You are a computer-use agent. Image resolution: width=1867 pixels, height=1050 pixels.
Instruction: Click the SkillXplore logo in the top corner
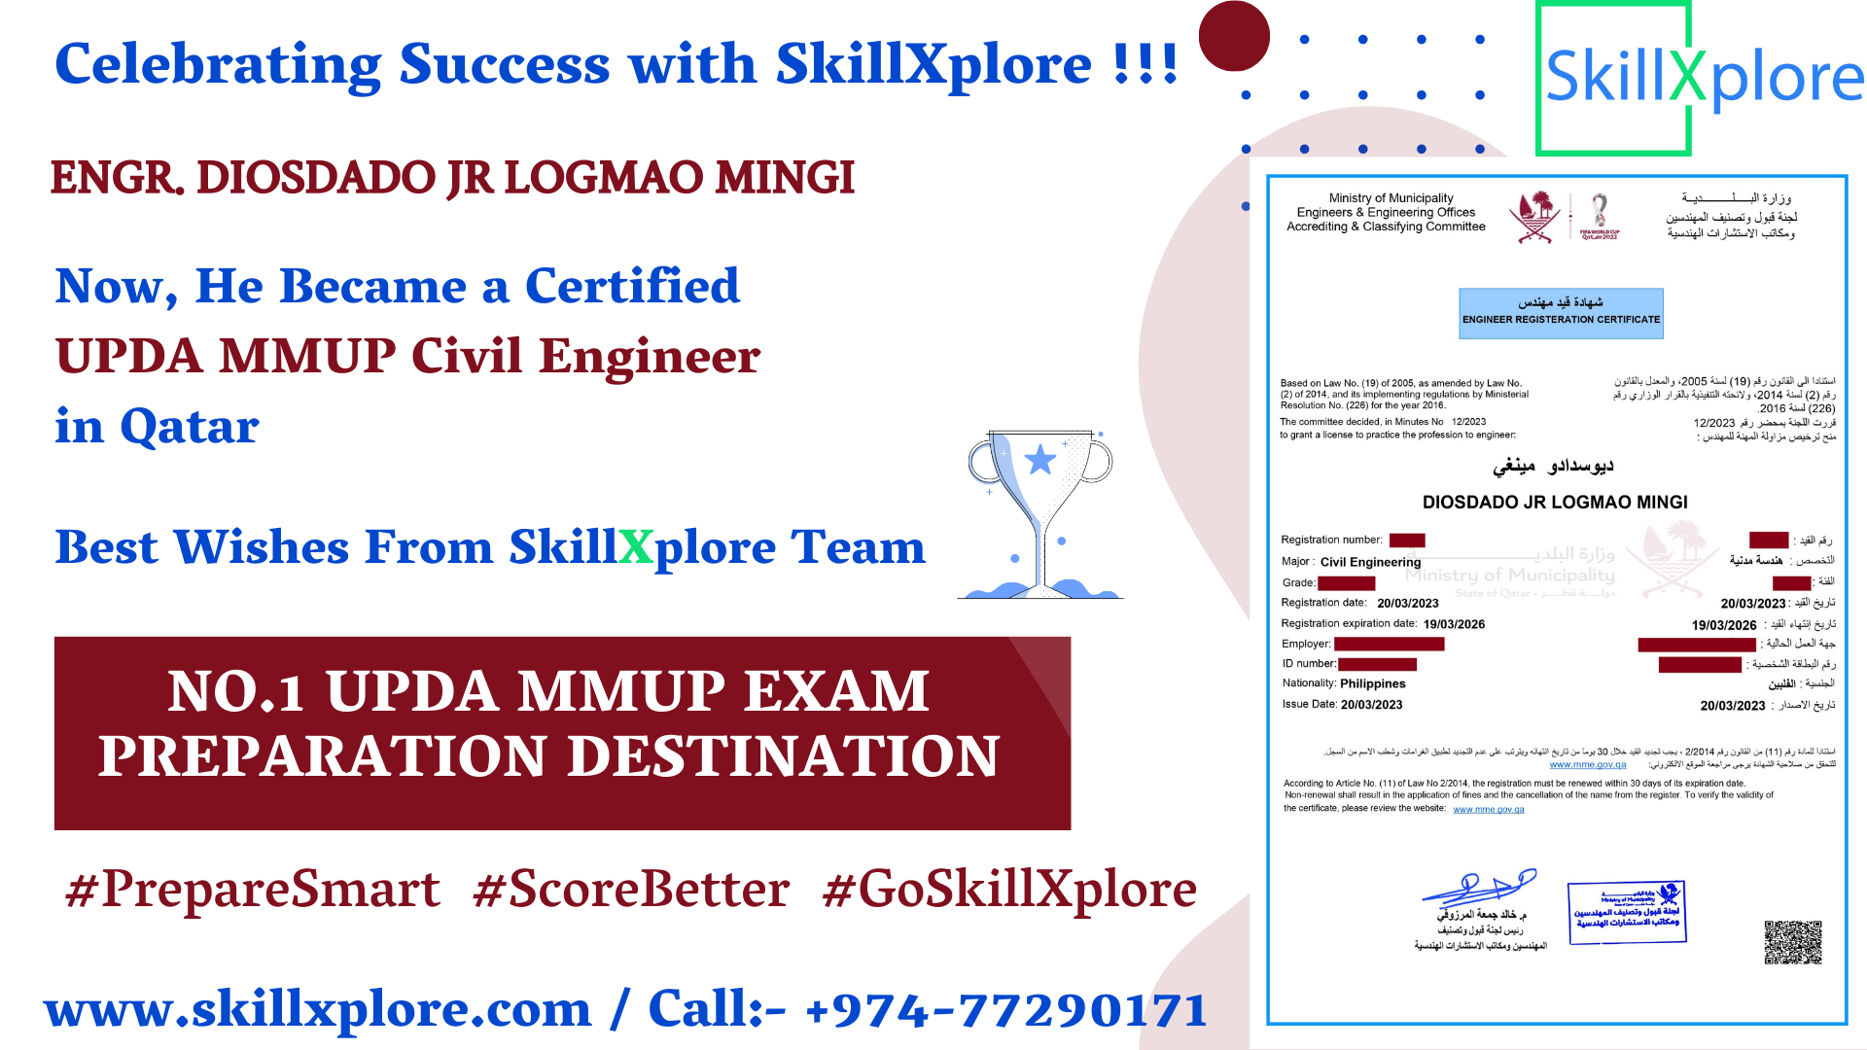pos(1702,78)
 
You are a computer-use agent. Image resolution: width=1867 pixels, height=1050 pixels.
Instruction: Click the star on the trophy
pos(1040,459)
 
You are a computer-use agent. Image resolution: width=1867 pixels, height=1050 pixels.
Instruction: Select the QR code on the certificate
pos(1793,941)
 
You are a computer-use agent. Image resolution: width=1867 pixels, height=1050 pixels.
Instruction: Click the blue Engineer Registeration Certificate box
pos(1561,313)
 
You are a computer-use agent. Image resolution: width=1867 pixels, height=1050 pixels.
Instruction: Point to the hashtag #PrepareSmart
pos(253,890)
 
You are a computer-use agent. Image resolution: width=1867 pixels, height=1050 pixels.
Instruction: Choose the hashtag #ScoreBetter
pos(631,890)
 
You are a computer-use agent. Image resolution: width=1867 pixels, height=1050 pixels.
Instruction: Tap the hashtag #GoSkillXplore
pos(1009,890)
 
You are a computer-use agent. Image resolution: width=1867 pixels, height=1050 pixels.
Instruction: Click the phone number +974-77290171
pos(1006,1009)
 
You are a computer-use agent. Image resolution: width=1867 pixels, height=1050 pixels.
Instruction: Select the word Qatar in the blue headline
pos(190,427)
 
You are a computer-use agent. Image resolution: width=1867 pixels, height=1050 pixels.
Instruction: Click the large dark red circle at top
pos(1234,36)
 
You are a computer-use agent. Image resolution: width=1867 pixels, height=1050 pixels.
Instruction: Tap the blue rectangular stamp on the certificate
pos(1627,911)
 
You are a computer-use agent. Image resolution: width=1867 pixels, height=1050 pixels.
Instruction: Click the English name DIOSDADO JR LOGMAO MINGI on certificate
pos(1555,503)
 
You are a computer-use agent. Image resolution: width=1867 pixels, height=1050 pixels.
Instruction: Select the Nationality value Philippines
pos(1372,683)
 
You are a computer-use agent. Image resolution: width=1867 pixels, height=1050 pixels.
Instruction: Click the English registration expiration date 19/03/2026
pos(1454,624)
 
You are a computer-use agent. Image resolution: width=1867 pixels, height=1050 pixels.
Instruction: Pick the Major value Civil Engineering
pos(1370,562)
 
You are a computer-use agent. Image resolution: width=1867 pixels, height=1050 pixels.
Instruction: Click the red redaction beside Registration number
pos(1407,541)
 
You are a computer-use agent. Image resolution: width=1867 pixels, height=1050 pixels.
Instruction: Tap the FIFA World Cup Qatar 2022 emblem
pos(1600,216)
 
